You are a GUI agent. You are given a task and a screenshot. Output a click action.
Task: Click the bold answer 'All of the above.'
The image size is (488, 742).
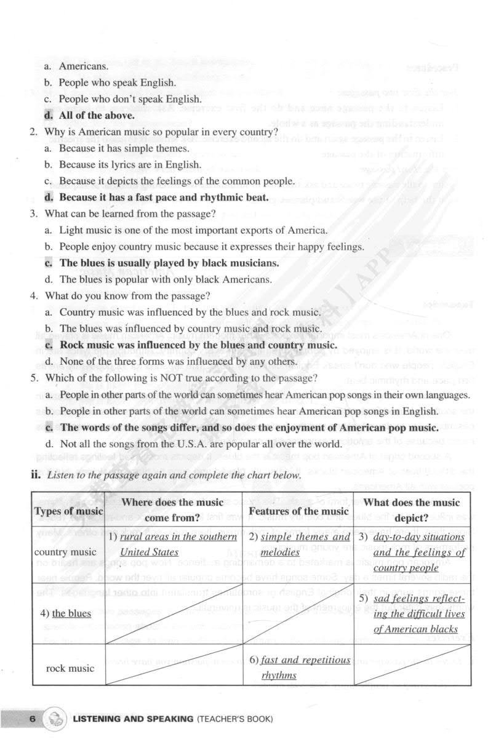tap(96, 116)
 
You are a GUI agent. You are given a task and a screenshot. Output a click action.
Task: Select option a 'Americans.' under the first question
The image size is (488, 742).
tap(83, 66)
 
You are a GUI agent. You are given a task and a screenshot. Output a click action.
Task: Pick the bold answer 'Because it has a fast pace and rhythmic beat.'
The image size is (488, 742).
tap(164, 197)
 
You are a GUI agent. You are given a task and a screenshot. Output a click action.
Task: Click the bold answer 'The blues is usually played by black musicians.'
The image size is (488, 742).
tap(169, 263)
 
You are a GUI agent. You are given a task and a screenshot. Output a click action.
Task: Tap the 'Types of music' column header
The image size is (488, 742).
tap(68, 511)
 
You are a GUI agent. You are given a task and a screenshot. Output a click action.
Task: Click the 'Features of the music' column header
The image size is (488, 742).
tap(298, 511)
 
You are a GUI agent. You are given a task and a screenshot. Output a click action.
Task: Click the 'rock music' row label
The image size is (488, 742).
tap(71, 668)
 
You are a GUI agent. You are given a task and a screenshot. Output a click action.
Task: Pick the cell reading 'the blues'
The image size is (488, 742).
tap(72, 613)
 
